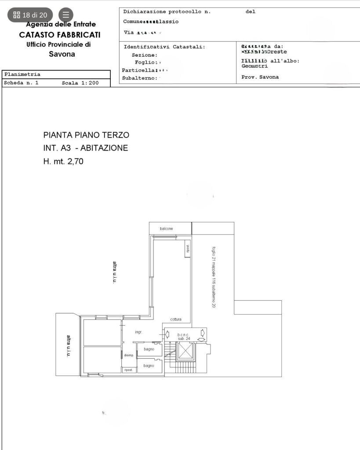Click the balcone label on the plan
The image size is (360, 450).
click(x=166, y=229)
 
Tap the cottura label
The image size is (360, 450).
click(x=176, y=319)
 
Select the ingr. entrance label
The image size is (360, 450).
click(x=138, y=332)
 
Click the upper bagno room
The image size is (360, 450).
click(x=149, y=349)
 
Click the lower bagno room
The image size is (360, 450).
click(x=149, y=366)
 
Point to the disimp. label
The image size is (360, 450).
click(x=128, y=356)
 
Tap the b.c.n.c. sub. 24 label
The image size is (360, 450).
click(x=183, y=337)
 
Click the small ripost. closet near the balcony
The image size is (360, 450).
click(x=188, y=249)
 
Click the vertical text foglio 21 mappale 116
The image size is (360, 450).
click(x=214, y=277)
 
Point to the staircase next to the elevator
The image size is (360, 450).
click(x=169, y=352)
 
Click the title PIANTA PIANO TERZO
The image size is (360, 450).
click(x=86, y=135)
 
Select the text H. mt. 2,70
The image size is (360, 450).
click(x=63, y=161)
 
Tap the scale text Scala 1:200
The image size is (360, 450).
click(x=80, y=83)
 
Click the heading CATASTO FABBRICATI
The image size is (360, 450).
click(x=60, y=34)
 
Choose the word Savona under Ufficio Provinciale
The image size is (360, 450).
click(x=62, y=54)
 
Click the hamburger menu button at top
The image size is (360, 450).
click(x=66, y=15)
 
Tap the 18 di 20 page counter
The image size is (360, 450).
click(x=30, y=15)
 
